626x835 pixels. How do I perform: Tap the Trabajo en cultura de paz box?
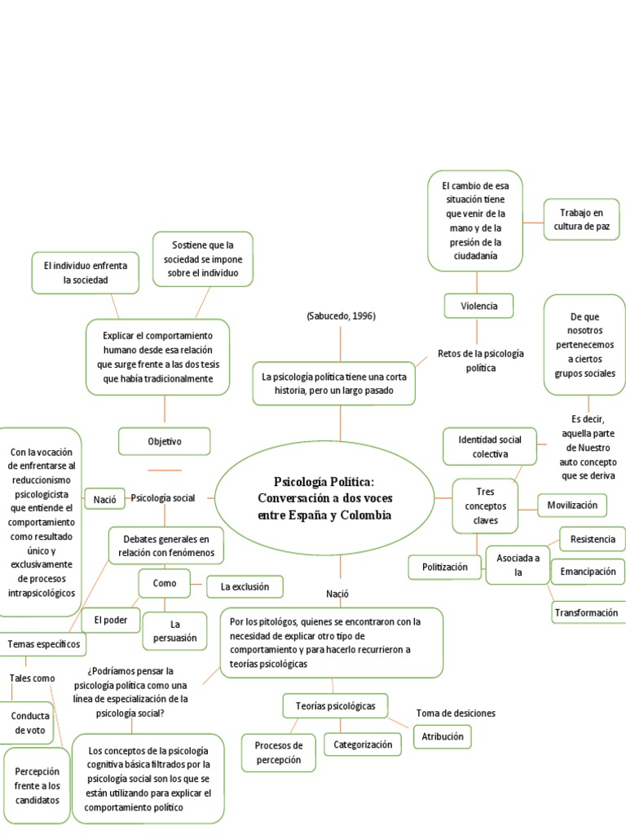(581, 219)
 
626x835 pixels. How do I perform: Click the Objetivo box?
(165, 441)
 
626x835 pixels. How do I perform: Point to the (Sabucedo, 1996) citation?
(341, 316)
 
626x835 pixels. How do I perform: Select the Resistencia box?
(593, 539)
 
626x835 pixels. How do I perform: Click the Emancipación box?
(588, 572)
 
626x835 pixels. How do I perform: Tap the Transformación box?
(586, 612)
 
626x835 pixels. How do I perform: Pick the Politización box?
(445, 567)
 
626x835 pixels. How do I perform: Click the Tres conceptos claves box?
(485, 506)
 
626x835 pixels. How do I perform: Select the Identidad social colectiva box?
(490, 446)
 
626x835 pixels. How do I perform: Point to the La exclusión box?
(245, 586)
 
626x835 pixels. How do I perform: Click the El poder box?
(111, 620)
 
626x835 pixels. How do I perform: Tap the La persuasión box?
(174, 631)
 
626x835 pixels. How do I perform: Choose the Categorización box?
(363, 744)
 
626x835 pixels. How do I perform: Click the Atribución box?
(443, 736)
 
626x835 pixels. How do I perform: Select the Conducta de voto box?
(29, 722)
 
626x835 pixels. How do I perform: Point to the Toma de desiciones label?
(456, 713)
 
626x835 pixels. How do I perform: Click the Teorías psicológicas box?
(335, 705)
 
